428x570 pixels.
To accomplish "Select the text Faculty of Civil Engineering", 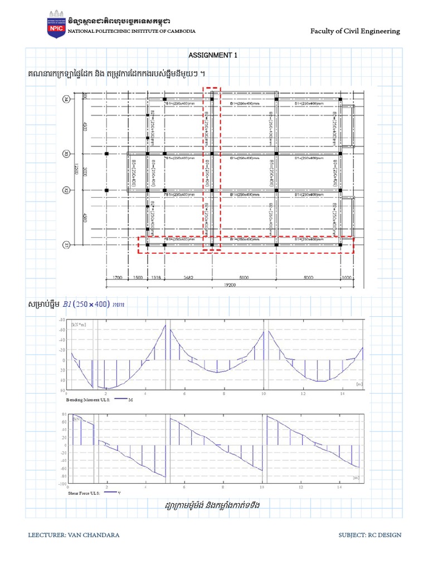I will [x=355, y=31].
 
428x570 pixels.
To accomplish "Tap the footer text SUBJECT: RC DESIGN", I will [x=369, y=535].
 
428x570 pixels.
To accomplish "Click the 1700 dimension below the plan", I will [x=118, y=276].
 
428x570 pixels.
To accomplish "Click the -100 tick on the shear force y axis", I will [x=61, y=484].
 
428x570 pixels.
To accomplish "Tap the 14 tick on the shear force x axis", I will [x=340, y=487].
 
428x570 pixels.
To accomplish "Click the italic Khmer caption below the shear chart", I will [x=213, y=505].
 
